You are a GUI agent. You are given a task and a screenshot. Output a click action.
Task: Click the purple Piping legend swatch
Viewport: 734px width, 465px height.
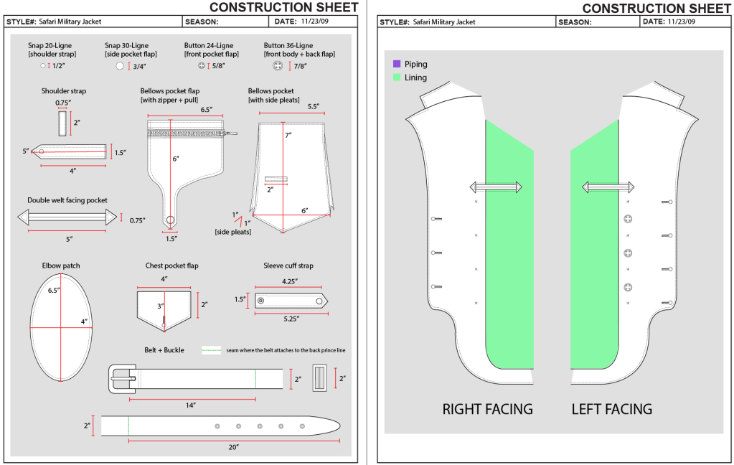[396, 64]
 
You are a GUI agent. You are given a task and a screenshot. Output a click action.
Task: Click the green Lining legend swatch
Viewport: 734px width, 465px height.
[396, 77]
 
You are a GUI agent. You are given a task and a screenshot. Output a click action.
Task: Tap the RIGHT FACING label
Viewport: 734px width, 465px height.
[487, 410]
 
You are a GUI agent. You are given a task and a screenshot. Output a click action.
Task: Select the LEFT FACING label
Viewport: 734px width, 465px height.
[611, 410]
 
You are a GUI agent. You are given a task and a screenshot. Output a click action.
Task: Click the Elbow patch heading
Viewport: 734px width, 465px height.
[61, 266]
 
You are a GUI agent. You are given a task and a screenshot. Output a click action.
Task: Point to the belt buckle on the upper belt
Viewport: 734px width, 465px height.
[122, 378]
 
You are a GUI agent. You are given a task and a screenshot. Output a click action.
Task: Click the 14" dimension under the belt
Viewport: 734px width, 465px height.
[191, 405]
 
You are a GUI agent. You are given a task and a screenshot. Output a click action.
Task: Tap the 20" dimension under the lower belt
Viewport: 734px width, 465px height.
[233, 447]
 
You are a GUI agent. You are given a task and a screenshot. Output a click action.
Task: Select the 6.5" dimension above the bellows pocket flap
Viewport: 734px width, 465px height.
[206, 110]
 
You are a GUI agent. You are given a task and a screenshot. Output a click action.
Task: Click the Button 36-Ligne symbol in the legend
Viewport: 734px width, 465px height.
[276, 66]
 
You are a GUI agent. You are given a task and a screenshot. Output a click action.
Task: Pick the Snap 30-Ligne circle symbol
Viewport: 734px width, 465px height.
[120, 66]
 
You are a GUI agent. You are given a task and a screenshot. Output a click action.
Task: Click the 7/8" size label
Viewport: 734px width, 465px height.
[299, 67]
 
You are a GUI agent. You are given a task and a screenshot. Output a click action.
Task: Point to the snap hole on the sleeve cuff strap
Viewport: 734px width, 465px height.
[260, 300]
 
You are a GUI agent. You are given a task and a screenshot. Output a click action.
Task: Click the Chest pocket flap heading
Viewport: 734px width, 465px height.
[171, 266]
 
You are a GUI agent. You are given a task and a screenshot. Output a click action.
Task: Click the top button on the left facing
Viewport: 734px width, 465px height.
[628, 218]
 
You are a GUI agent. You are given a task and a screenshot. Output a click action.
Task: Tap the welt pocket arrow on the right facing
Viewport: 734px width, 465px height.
[494, 187]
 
